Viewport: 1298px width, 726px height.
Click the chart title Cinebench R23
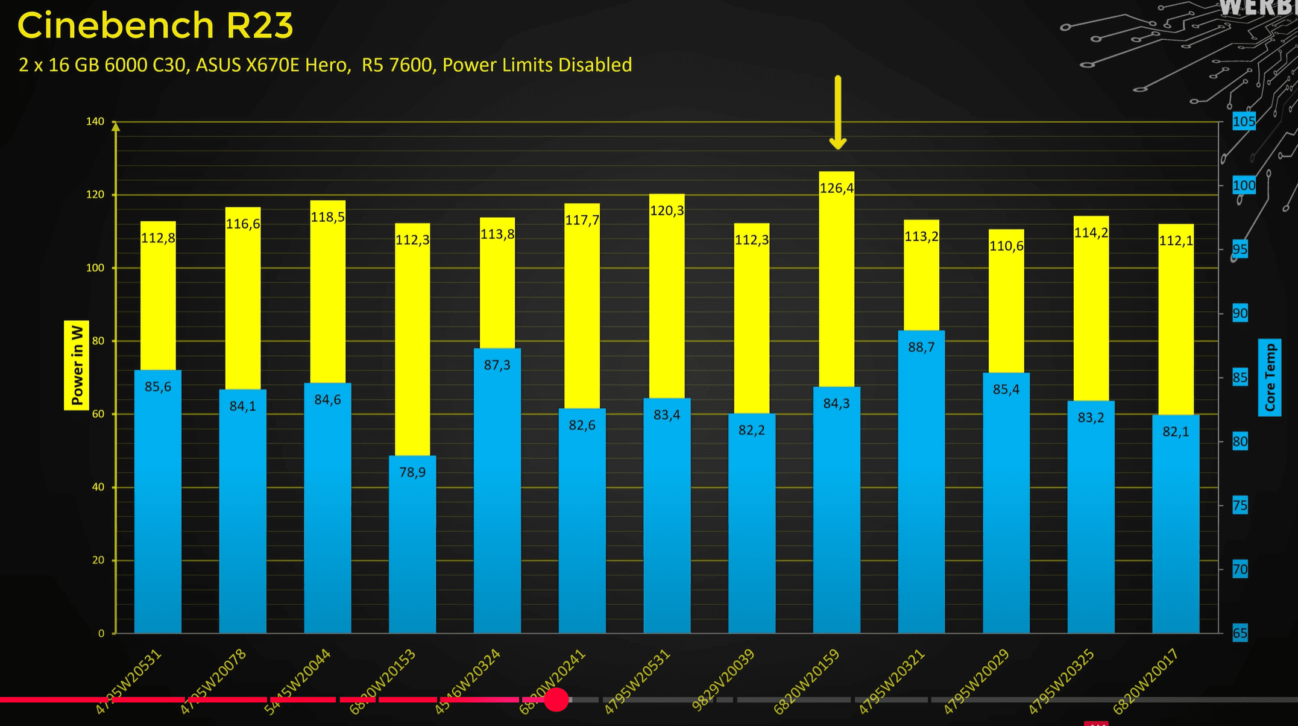[156, 26]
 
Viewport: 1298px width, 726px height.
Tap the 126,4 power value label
[837, 188]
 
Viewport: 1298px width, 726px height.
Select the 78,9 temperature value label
[412, 472]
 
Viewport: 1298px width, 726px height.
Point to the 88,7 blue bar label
[921, 347]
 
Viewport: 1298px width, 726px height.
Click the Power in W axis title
[77, 365]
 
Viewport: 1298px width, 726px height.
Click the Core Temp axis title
[1270, 377]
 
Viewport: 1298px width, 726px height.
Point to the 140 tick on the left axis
[95, 122]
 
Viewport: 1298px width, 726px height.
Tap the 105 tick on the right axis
[1243, 122]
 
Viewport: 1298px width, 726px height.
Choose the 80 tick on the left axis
[98, 341]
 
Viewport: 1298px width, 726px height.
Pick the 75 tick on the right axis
[1240, 505]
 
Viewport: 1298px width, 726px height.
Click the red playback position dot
[556, 699]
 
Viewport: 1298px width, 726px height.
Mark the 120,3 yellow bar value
[667, 210]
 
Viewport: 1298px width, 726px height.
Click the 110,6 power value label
[1006, 246]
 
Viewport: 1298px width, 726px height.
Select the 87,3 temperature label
[497, 365]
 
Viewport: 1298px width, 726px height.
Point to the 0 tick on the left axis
[101, 634]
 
